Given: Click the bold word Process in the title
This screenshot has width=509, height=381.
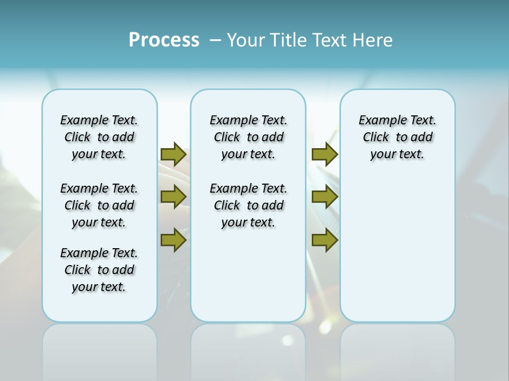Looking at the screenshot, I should (164, 40).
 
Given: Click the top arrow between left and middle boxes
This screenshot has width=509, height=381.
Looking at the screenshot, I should (173, 154).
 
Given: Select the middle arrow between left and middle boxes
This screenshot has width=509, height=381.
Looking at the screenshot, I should (173, 197).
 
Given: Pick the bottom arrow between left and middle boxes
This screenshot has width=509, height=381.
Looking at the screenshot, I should (173, 240).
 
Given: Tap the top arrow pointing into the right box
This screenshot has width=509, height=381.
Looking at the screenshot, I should (324, 154).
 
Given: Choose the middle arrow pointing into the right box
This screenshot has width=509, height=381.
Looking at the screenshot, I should (324, 197).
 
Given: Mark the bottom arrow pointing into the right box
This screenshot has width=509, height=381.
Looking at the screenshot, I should (324, 240).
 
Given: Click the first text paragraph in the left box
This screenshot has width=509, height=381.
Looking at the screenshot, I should (99, 137).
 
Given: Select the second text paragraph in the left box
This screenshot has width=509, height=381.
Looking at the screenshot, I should (99, 205).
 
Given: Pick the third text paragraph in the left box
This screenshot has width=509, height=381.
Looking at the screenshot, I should (99, 270).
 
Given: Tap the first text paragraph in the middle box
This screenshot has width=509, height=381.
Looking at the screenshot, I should (248, 137).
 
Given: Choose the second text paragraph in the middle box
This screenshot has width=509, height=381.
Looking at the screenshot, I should (248, 205).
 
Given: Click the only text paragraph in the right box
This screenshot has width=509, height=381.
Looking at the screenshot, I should (397, 137).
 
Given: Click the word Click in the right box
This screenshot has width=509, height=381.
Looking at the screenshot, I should (376, 138).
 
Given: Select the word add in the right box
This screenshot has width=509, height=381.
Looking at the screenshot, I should (422, 138).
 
